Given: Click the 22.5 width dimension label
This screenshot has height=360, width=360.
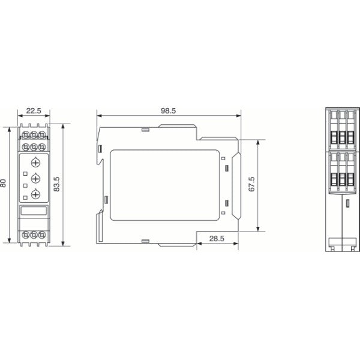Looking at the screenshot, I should [x=33, y=110].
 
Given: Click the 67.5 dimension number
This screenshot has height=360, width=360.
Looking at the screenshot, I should [x=252, y=184].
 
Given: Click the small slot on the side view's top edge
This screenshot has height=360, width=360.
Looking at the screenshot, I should [x=145, y=128].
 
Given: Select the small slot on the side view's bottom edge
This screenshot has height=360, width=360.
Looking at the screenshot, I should [x=145, y=241].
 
